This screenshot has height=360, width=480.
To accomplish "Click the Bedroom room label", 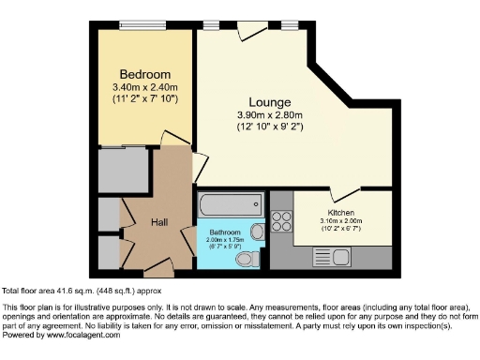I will pos(144,74).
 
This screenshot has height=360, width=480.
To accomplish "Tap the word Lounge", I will pos(269,102).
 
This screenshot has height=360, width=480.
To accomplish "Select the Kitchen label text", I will pos(341,213).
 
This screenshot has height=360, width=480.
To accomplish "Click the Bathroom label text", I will pos(225,232).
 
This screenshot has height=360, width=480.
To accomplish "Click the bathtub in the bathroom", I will pos(231,203).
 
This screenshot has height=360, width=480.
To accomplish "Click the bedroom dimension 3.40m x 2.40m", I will pos(144,87).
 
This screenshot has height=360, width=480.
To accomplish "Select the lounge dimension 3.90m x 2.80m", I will pos(269,115).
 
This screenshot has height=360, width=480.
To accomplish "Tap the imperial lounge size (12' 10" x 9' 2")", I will pos(269,127).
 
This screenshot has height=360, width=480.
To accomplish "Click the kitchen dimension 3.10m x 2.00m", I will pos(341,221).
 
